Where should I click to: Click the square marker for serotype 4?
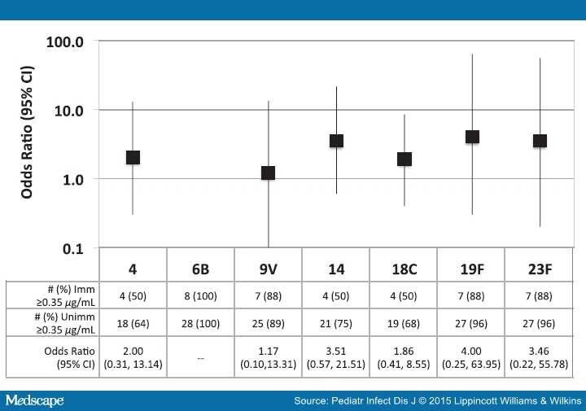pyautogui.click(x=133, y=157)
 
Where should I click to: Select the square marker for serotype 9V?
pyautogui.click(x=268, y=173)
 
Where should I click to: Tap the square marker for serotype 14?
pyautogui.click(x=336, y=141)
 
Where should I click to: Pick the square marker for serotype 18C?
pyautogui.click(x=404, y=159)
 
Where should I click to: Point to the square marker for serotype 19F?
pyautogui.click(x=472, y=137)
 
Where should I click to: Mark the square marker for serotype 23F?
pyautogui.click(x=540, y=141)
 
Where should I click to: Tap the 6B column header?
pyautogui.click(x=200, y=268)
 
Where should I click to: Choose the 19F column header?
pyautogui.click(x=471, y=268)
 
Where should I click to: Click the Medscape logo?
pyautogui.click(x=34, y=400)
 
